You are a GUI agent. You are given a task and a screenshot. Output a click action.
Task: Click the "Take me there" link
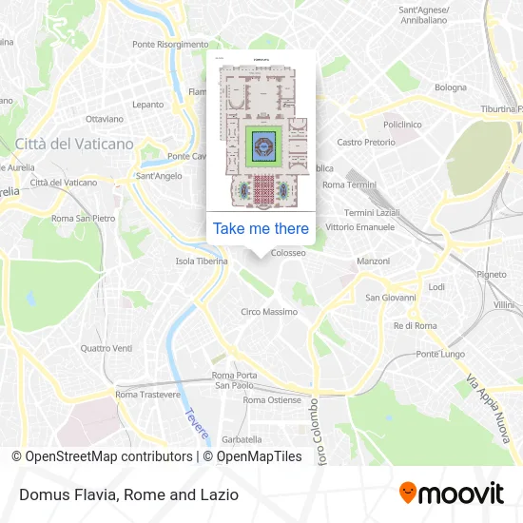[261, 228]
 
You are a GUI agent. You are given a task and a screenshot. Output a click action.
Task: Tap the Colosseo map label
[288, 253]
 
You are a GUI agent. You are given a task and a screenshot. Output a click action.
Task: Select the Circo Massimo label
[268, 312]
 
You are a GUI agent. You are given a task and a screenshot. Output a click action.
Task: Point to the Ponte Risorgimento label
[170, 45]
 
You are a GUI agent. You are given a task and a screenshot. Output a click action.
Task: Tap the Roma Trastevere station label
[147, 394]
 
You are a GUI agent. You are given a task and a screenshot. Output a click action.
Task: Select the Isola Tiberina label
[202, 261]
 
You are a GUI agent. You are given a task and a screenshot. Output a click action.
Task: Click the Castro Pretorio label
[366, 142]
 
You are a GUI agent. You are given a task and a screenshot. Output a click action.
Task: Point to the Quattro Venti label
[107, 348]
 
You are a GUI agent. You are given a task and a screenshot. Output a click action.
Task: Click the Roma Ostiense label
[272, 400]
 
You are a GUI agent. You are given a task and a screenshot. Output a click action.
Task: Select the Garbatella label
[242, 439]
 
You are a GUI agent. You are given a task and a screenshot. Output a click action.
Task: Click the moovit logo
[451, 494]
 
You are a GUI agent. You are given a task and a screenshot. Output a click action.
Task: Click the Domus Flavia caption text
[126, 494]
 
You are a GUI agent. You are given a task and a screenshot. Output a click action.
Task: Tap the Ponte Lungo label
[439, 355]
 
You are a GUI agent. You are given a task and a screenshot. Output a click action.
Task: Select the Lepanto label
[148, 105]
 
